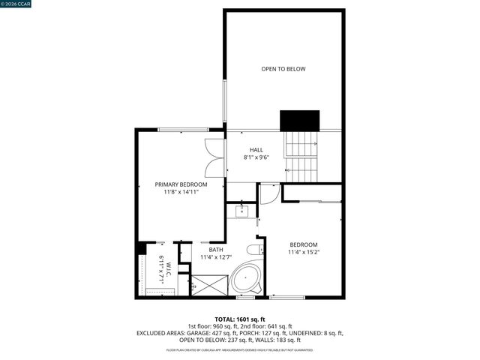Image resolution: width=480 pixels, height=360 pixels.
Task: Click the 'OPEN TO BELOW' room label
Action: click(283, 69)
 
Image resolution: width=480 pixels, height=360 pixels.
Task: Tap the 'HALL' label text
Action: click(256, 150)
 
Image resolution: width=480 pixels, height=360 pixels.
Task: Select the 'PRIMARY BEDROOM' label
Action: click(181, 184)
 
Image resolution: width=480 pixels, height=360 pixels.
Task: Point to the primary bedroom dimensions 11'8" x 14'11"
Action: click(181, 192)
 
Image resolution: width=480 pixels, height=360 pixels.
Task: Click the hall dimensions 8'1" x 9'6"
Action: click(256, 158)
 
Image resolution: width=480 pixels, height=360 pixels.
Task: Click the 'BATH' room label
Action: click(216, 250)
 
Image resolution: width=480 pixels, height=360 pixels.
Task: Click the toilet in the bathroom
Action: click(254, 250)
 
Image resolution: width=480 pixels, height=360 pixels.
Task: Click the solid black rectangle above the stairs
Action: click(299, 120)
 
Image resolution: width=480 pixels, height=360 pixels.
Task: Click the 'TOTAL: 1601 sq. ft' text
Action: click(239, 319)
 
